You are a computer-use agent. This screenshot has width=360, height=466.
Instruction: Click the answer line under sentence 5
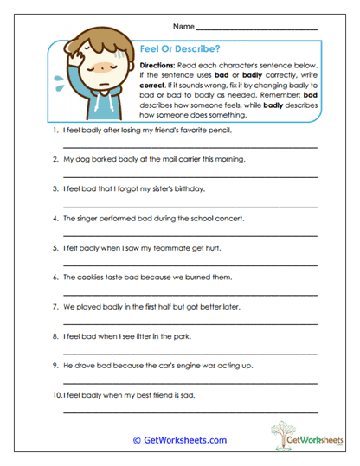pos(190,264)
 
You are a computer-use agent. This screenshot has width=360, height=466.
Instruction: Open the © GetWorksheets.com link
pos(180,440)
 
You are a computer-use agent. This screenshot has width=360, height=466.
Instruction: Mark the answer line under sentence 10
pos(190,411)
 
